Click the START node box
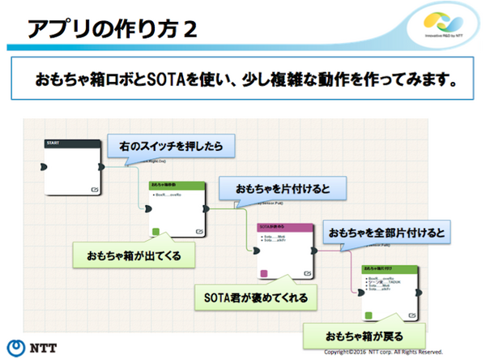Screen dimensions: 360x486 click(x=72, y=167)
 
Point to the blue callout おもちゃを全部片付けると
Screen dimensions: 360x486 click(x=386, y=233)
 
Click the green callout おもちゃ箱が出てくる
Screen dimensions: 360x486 click(x=134, y=255)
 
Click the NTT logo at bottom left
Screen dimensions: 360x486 click(x=32, y=344)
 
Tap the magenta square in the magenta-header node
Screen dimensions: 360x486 click(x=263, y=272)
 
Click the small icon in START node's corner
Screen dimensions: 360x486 click(x=94, y=188)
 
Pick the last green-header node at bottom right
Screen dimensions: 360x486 click(x=390, y=291)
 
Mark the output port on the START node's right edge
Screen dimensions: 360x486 click(x=100, y=165)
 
